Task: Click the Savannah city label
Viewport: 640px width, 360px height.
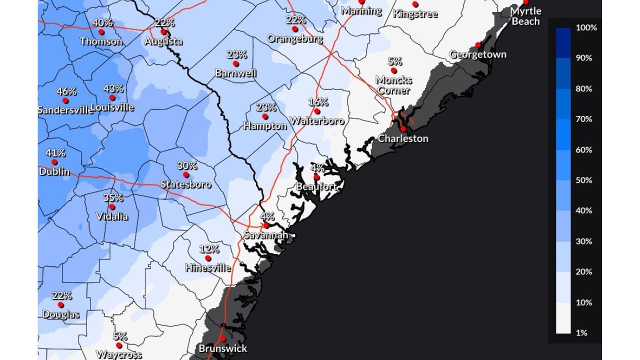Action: pos(265,235)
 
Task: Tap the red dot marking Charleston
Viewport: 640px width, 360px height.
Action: pos(403,129)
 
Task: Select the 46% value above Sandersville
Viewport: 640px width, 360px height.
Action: pos(66,91)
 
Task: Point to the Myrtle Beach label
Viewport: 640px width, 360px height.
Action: pos(525,16)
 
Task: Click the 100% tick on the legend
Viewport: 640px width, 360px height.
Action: pos(586,27)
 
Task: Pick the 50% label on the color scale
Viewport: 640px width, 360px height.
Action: pos(584,180)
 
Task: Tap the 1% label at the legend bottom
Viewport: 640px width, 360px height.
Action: pos(581,333)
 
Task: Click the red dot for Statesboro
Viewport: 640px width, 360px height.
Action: pos(186,174)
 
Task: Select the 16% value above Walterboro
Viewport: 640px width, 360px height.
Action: pos(318,102)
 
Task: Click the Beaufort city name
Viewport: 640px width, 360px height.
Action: pos(316,187)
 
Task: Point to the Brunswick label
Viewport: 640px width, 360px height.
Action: pos(223,348)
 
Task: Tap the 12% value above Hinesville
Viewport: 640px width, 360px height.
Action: pos(209,249)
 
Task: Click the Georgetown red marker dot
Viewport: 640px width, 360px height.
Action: pos(478,45)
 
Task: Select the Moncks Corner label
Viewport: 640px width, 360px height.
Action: pos(394,85)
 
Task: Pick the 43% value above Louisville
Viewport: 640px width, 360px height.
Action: pos(113,88)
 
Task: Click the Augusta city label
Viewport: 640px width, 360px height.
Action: pos(163,41)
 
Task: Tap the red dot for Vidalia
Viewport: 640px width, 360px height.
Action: pos(112,207)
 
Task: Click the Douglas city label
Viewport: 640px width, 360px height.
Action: pos(60,314)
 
